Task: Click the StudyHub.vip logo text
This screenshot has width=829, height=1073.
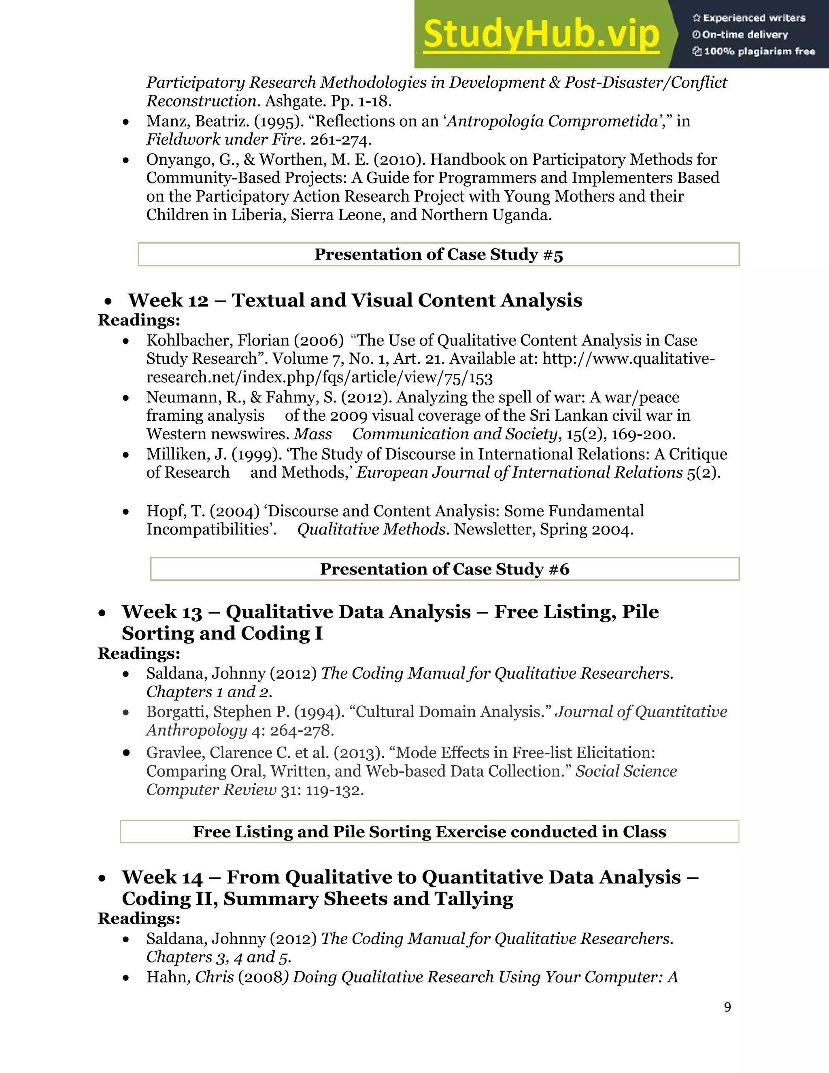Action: tap(541, 34)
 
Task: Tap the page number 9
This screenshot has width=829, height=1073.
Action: tap(727, 1007)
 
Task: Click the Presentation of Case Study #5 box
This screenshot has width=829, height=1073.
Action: tap(438, 255)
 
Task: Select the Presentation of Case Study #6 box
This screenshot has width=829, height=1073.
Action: tap(444, 569)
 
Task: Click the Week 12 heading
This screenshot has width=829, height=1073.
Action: tap(355, 300)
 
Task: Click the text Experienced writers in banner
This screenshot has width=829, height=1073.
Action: tap(754, 18)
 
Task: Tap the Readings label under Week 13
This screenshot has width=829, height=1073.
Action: tap(139, 654)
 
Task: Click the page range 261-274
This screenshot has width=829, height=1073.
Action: tap(340, 141)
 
